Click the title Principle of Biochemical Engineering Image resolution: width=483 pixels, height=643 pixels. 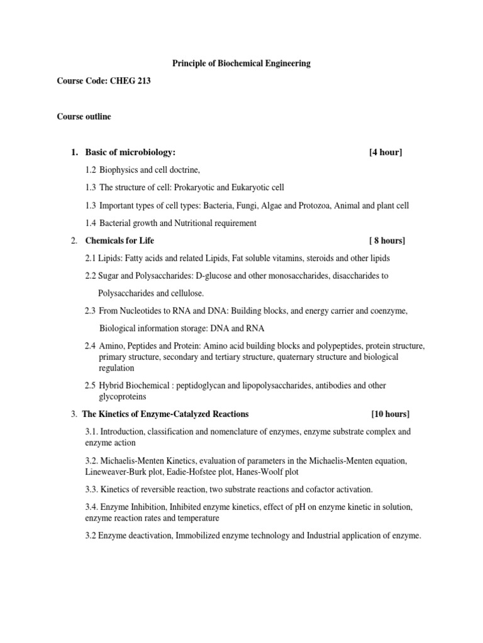click(x=241, y=63)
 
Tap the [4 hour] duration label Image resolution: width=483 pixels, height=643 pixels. click(x=386, y=153)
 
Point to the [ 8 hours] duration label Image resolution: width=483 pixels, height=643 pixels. click(x=387, y=240)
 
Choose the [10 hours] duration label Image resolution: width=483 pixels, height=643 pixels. click(x=390, y=414)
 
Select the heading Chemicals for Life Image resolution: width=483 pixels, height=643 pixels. click(x=119, y=240)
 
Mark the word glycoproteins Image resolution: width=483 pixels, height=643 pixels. click(x=123, y=397)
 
